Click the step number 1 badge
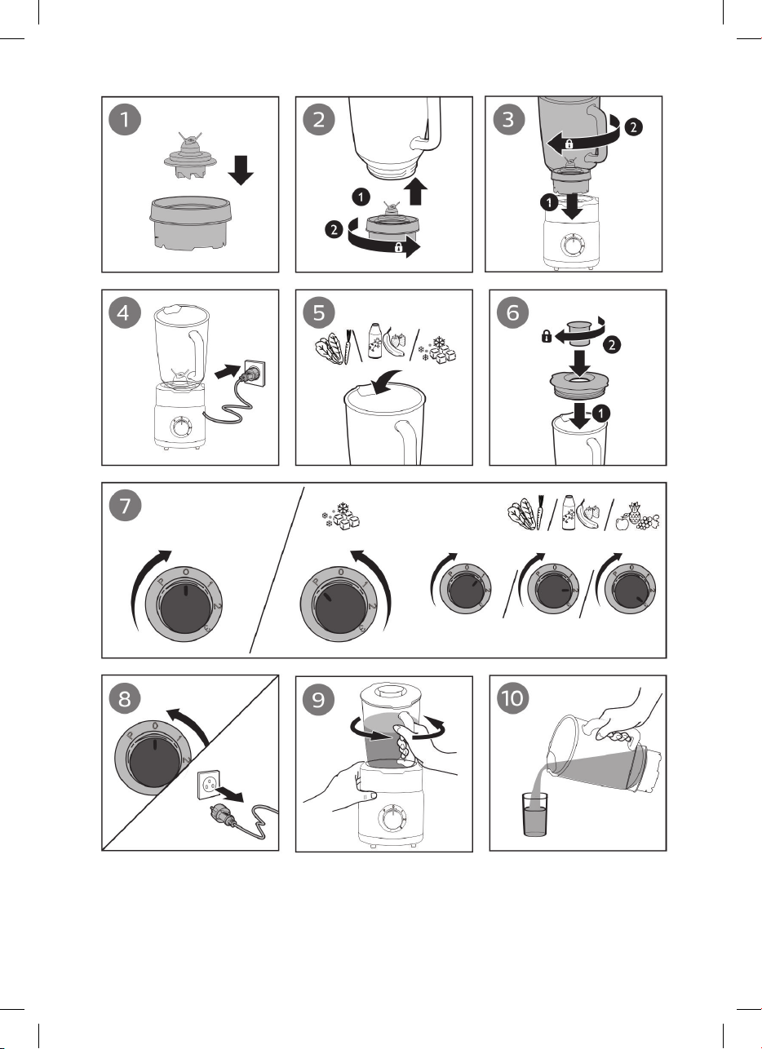coord(125,119)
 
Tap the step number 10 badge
coord(512,697)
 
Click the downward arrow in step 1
coord(241,170)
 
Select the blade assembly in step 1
coord(190,155)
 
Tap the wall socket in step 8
coord(207,786)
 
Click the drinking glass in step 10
coord(534,814)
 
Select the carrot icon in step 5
coord(348,347)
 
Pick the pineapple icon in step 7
coord(635,516)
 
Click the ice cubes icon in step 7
coord(341,516)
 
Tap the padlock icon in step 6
coord(546,336)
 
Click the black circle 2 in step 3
coord(634,127)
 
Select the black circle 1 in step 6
coord(601,413)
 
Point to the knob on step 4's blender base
coord(181,427)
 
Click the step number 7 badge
coord(125,505)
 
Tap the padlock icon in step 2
coord(398,247)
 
